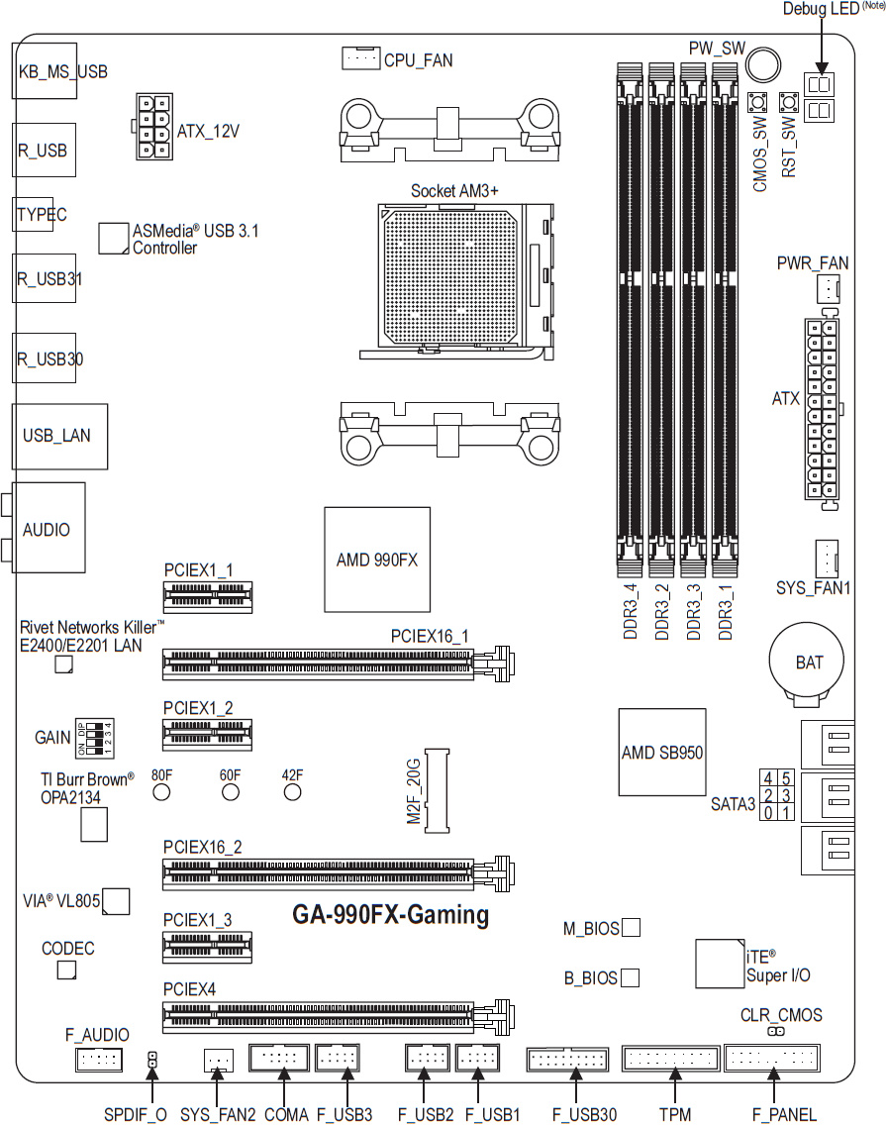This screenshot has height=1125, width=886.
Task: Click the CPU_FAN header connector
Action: point(361,58)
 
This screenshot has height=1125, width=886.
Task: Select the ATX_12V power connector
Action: point(152,127)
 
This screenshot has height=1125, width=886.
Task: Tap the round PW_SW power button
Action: point(762,64)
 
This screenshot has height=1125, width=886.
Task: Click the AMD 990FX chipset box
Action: point(377,560)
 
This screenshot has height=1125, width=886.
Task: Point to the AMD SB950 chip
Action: point(662,752)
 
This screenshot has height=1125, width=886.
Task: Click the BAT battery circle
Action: point(807,661)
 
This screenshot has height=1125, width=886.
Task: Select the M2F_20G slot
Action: point(437,790)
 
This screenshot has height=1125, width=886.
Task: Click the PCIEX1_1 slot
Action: point(207,596)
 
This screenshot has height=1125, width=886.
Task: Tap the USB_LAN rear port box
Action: point(60,436)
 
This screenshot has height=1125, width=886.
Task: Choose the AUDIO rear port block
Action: point(49,527)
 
